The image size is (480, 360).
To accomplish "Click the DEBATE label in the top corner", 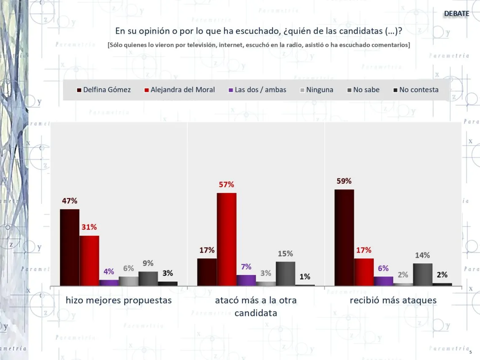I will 456,13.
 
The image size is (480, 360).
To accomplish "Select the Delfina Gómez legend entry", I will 104,90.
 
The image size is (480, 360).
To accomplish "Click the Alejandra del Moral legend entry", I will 179,90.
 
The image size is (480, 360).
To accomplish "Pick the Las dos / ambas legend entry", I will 257,90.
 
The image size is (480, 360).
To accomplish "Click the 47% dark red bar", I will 69,247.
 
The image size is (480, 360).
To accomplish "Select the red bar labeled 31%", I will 89,261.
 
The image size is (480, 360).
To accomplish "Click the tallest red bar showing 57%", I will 227,239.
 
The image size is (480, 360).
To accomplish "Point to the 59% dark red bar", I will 344,237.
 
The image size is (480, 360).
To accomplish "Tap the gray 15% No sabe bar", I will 285,274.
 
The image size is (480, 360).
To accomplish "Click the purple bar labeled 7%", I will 246,280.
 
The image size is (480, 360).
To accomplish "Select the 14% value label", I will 422,255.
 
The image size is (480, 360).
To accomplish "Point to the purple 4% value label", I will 109,272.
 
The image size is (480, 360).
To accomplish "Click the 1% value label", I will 305,277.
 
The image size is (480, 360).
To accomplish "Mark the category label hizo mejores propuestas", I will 119,300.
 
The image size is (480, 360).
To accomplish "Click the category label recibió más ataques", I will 393,300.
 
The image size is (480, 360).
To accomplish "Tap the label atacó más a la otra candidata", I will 256,307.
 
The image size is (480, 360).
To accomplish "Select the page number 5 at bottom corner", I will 470,352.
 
